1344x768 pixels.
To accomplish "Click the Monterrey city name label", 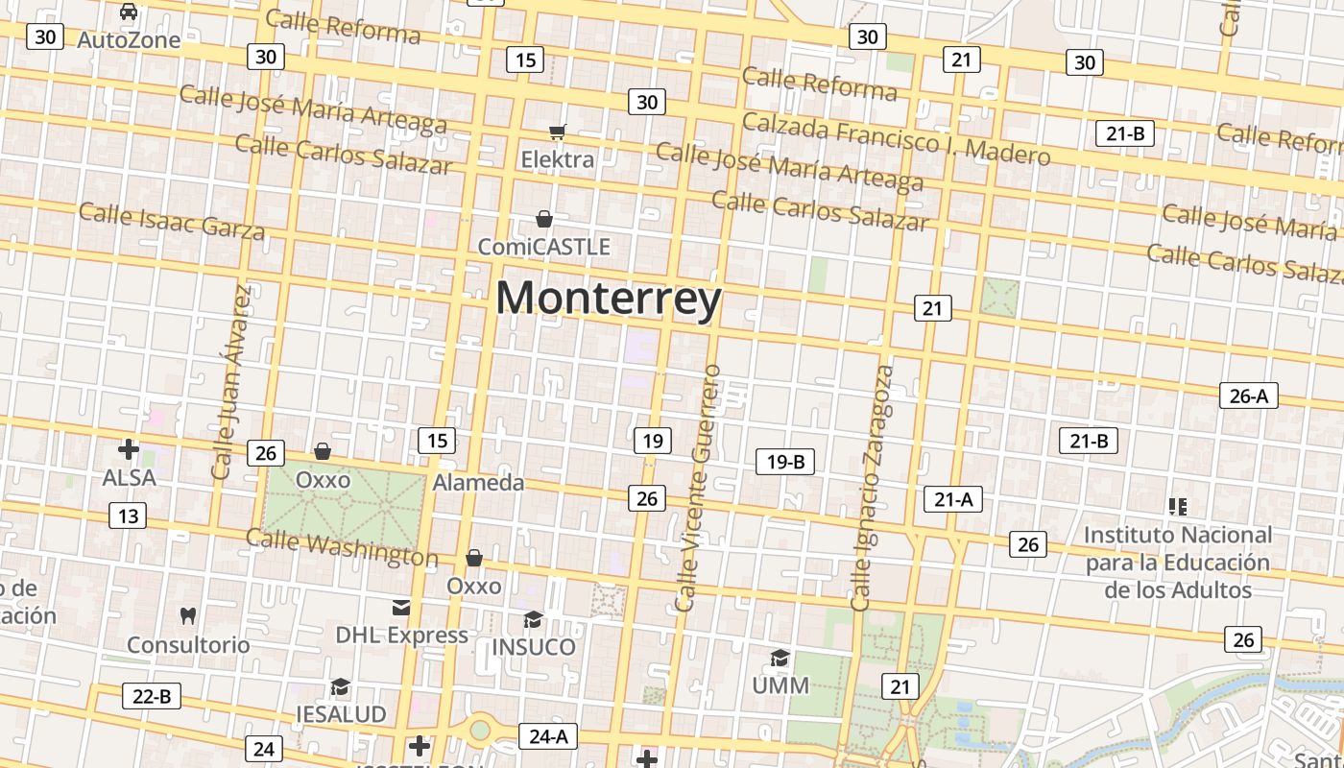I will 609,298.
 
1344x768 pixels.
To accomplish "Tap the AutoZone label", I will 129,39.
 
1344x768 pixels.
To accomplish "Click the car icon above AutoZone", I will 129,12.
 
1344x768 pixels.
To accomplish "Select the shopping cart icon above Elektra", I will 558,132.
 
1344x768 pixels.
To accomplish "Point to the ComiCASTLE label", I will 544,247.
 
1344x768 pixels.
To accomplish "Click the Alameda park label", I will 478,482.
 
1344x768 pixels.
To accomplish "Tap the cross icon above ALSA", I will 129,449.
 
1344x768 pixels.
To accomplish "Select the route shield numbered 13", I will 129,516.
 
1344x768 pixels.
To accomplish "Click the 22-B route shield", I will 152,696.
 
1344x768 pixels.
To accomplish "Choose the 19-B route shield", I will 784,462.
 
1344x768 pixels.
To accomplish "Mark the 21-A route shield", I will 953,499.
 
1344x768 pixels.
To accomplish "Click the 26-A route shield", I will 1248,395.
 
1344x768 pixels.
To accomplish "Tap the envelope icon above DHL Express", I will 401,607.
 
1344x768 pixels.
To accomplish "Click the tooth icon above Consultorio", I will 188,615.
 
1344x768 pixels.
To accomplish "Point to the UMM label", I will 780,685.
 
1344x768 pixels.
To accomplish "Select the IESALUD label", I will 341,714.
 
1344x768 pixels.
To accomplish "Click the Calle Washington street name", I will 342,547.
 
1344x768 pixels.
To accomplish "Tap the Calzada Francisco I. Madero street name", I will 896,138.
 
